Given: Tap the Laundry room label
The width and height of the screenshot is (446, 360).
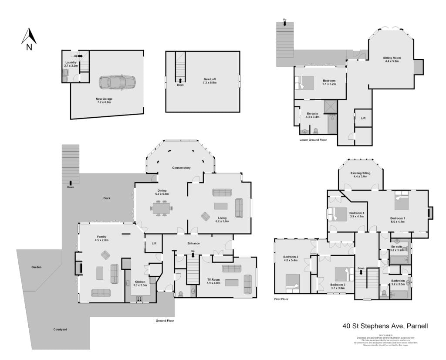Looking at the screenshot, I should (x=71, y=64).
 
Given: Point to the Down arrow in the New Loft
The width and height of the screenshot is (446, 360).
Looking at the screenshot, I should (x=180, y=81).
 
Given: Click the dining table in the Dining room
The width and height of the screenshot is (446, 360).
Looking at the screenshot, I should (x=162, y=208).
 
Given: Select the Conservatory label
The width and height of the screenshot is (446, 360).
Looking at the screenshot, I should (x=181, y=168).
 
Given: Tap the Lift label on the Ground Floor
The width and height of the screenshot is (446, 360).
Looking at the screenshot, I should (x=154, y=243).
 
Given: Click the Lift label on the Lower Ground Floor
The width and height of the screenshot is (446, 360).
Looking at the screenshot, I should (x=363, y=118).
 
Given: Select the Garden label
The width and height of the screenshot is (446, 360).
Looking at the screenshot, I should (x=36, y=267).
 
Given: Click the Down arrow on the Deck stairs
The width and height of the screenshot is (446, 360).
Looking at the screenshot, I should (x=71, y=183).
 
